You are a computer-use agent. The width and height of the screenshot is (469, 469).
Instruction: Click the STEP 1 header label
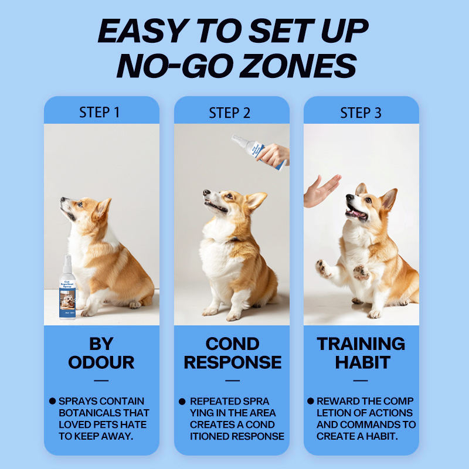pos(99,113)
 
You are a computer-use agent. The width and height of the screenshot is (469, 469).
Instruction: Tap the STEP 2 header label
pos(229,113)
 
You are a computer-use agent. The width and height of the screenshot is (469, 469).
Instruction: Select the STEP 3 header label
pos(361,113)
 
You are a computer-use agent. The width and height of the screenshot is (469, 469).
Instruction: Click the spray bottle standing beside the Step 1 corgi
pos(67,287)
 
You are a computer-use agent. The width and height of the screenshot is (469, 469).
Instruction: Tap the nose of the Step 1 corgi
pos(63,199)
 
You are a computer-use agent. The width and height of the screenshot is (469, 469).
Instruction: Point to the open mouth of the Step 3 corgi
pos(356,213)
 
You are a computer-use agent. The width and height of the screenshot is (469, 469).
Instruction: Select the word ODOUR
pos(101,362)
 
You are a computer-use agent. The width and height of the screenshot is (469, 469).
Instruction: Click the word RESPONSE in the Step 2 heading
pos(233,362)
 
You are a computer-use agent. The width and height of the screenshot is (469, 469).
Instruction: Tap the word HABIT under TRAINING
pos(362,362)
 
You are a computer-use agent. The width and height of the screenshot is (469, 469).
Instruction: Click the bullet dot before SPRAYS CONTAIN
pos(52,401)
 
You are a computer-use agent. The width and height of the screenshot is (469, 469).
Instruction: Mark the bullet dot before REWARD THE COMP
pos(311,401)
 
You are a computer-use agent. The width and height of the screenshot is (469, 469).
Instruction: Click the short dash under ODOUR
pos(101,380)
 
